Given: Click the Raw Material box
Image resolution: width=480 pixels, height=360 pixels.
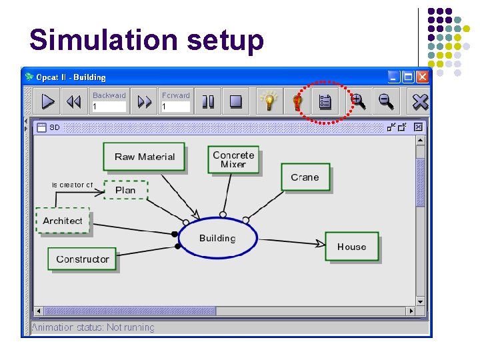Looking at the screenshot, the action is coord(144,157).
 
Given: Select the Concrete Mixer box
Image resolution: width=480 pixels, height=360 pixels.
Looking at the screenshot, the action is coord(233,159).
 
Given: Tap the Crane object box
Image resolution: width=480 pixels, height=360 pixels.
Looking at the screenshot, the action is coord(305,177).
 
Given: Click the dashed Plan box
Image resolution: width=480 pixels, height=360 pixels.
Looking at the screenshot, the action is coord(125,190).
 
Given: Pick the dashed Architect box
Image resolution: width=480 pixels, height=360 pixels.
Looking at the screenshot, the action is coord(62,221).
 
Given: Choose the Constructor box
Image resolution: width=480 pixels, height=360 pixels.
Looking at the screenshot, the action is coord(82,259).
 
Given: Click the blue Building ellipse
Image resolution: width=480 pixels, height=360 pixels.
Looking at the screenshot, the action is coord(217,238).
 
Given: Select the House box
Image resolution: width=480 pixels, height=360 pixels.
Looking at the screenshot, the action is coord(351,246).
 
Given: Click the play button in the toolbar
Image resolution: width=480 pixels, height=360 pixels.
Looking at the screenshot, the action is coord(48,101).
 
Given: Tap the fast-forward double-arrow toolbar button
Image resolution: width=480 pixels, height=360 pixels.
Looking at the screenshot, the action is coord(144,101).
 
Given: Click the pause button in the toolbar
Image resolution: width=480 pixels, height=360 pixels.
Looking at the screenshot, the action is coord(209,101).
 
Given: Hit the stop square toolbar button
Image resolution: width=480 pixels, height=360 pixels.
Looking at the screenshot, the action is coord(235,101).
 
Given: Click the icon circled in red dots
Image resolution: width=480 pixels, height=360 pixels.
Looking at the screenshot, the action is coord(325,102).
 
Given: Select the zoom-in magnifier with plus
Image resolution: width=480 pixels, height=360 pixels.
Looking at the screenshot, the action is coord(358,101).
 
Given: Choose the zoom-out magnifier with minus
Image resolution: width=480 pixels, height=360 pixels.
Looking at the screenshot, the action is coord(386,101).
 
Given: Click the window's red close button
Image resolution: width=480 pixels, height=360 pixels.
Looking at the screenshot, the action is coord(422,77).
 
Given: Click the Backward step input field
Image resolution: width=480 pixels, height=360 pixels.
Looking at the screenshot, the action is coord(109,106).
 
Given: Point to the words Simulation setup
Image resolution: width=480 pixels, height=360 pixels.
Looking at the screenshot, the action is coord(147,40).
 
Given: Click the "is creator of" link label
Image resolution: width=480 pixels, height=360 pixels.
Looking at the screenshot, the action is coord(73,185).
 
